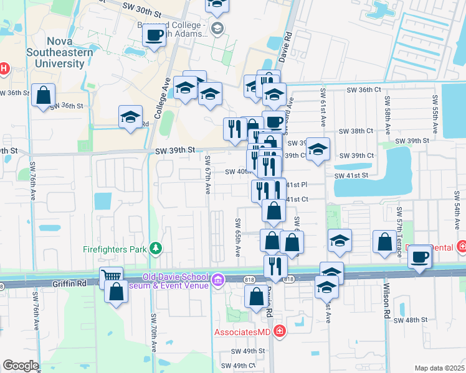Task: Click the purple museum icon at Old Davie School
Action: [217, 280]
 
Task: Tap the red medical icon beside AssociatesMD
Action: [279, 331]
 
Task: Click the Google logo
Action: [21, 366]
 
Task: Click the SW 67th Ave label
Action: [208, 173]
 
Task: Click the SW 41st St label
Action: [351, 176]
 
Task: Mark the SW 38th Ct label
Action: [356, 132]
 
